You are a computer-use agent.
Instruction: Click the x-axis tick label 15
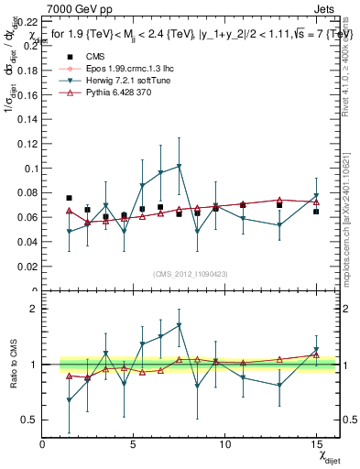click(315, 444)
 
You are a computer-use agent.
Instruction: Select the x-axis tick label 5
click(134, 444)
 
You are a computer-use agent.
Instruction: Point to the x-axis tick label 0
click(43, 444)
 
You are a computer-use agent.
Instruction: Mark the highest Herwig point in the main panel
click(179, 166)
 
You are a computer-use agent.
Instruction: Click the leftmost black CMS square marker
click(70, 198)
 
